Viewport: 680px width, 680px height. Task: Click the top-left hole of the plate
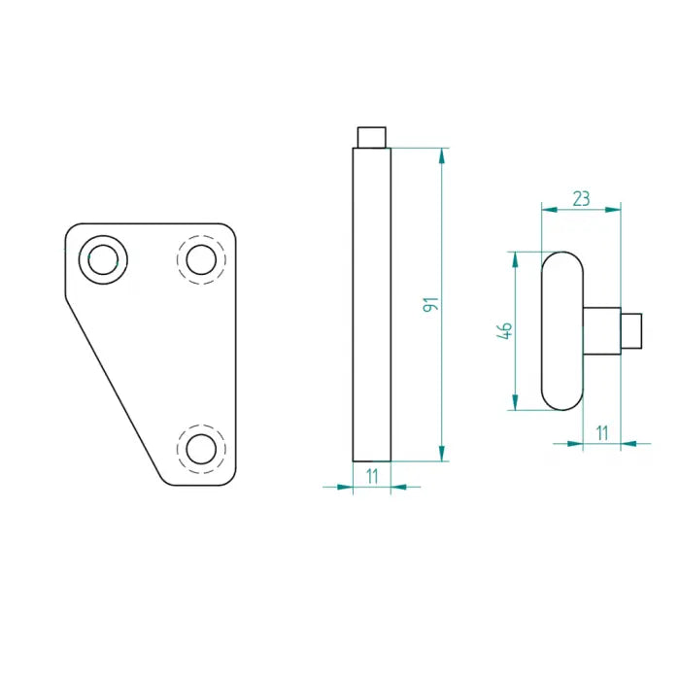(x=102, y=259)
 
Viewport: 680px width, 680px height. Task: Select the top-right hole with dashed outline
(x=201, y=259)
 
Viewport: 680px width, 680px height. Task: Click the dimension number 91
(x=432, y=304)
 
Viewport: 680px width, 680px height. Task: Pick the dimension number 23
(x=581, y=198)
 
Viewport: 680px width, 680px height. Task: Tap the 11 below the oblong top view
(x=602, y=432)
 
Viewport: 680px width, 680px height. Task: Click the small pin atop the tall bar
(x=372, y=136)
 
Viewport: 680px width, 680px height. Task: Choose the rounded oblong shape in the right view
(x=561, y=330)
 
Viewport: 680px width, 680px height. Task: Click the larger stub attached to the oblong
(x=602, y=330)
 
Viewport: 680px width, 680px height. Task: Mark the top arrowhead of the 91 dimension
(x=443, y=154)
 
